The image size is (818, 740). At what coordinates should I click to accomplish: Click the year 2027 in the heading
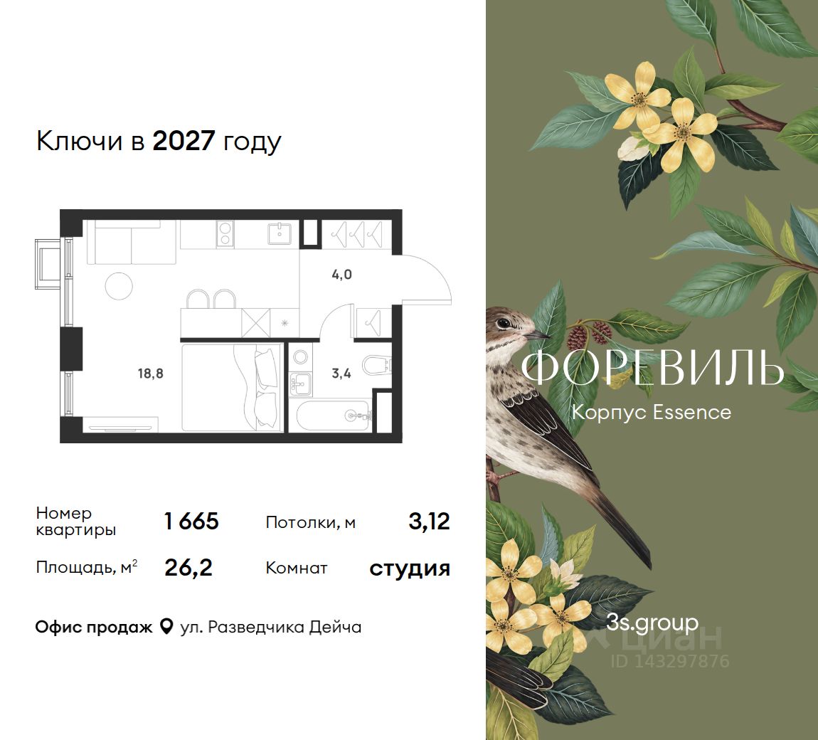pos(184,140)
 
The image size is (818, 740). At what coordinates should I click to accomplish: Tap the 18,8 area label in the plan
pos(150,374)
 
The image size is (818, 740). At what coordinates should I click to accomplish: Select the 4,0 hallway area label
pos(341,275)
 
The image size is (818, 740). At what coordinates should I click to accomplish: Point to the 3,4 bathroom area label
pos(341,374)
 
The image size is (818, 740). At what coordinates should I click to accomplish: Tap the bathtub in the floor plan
pos(334,416)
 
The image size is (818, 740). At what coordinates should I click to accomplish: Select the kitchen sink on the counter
pos(281,233)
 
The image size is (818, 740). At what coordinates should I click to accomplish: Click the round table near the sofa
pos(119,286)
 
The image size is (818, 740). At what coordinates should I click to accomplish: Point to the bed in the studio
pos(232,386)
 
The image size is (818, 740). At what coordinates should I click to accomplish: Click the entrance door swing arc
pos(437,270)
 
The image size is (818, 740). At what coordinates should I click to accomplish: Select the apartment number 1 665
pos(191,522)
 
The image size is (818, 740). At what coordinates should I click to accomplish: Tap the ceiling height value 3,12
pos(430,522)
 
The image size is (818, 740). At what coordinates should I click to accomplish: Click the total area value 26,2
pos(188,568)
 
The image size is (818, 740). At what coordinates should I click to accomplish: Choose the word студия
pos(410,569)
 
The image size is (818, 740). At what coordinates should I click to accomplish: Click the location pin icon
pos(166,626)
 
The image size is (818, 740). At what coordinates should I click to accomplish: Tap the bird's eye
pos(504,324)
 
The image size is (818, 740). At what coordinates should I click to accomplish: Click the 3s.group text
pos(652,623)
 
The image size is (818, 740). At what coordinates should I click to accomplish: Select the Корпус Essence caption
pos(652,412)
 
